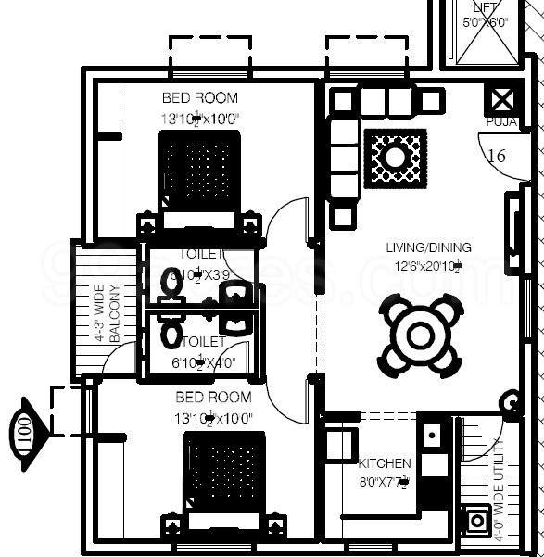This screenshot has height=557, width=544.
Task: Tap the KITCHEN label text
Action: point(385,463)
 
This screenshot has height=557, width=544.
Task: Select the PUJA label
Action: point(500,121)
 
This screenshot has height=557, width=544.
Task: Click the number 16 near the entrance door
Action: point(497,156)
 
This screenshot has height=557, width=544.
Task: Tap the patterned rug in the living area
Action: point(396,158)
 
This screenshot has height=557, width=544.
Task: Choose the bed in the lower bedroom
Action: point(226,477)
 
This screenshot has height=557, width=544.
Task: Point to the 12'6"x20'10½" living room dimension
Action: point(428,266)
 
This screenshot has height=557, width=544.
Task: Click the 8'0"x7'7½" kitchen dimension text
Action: point(384,481)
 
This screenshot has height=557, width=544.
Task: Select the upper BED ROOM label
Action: point(199,97)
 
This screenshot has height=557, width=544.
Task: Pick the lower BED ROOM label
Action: point(213,397)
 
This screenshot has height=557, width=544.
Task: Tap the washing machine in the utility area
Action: point(478,520)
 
